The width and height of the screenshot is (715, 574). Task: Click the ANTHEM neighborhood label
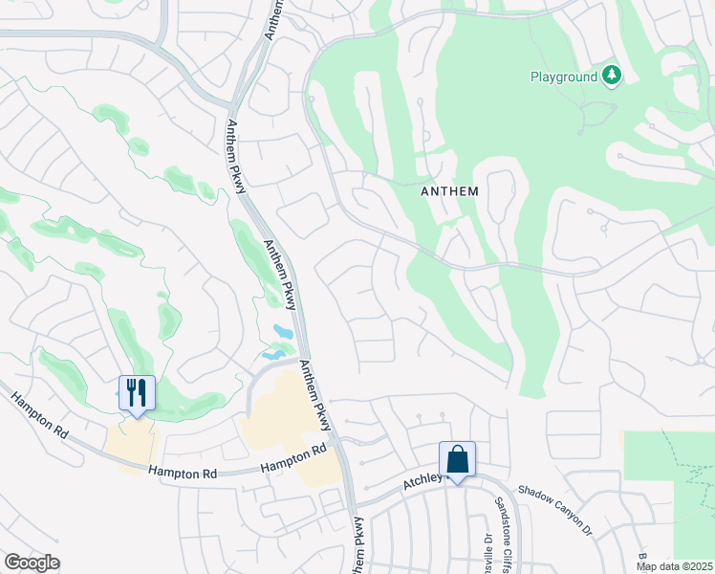[x=449, y=191]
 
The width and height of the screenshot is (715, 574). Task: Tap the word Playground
[x=564, y=77]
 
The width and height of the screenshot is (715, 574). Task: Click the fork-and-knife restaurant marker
[x=137, y=392]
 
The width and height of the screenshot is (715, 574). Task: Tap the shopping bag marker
[x=457, y=459]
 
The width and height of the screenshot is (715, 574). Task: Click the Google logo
[x=32, y=563]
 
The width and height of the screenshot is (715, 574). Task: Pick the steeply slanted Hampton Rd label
[x=39, y=416]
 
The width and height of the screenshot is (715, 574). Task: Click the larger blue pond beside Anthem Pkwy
[x=283, y=331]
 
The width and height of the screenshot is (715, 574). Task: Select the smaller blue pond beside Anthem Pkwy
[x=273, y=354]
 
